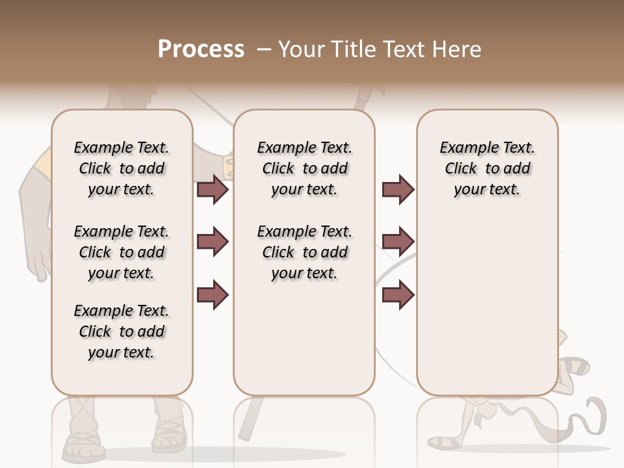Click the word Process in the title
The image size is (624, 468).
[x=201, y=49]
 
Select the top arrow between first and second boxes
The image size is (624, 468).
[x=213, y=189]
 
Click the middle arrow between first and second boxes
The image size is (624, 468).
[x=213, y=242]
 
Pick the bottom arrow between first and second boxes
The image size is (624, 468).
[x=213, y=294]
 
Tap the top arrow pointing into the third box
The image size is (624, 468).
[x=398, y=189]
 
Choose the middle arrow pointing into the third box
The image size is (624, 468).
[x=398, y=242]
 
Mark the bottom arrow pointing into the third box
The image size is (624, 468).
[x=398, y=294]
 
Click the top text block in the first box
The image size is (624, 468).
[x=122, y=168]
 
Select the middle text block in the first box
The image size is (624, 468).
[x=122, y=252]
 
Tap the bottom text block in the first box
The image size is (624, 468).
[x=122, y=331]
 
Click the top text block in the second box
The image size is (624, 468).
[x=305, y=168]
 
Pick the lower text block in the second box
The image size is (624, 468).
[x=305, y=252]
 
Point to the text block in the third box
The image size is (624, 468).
[x=487, y=168]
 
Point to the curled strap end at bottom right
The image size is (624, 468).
[x=595, y=416]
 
